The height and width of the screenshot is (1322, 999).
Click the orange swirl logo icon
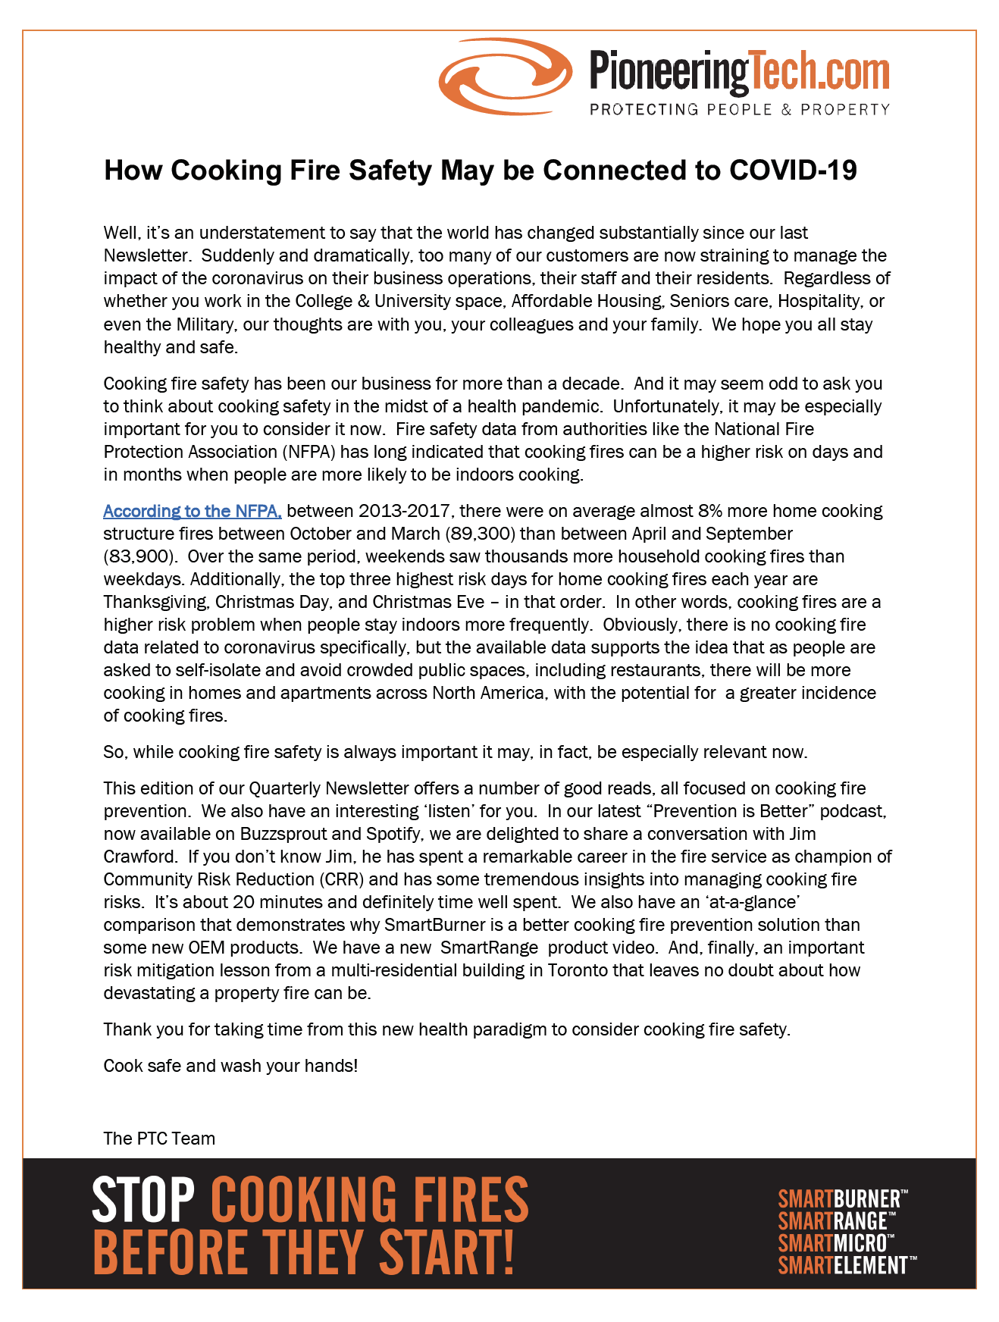pos(505,76)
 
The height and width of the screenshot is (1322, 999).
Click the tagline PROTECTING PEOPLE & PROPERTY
pos(739,109)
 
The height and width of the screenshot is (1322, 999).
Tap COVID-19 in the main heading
pos(793,170)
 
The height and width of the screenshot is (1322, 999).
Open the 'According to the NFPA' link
pos(193,511)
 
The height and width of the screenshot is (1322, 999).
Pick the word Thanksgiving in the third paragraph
pos(155,602)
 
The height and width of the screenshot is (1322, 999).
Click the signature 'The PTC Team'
pos(159,1139)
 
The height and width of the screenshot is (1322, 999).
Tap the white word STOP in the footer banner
pos(143,1199)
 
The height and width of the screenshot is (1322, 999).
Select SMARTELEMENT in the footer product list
pos(844,1265)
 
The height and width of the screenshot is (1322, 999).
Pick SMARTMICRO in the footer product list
pos(834,1243)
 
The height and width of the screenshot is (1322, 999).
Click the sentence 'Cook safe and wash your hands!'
pos(230,1066)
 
